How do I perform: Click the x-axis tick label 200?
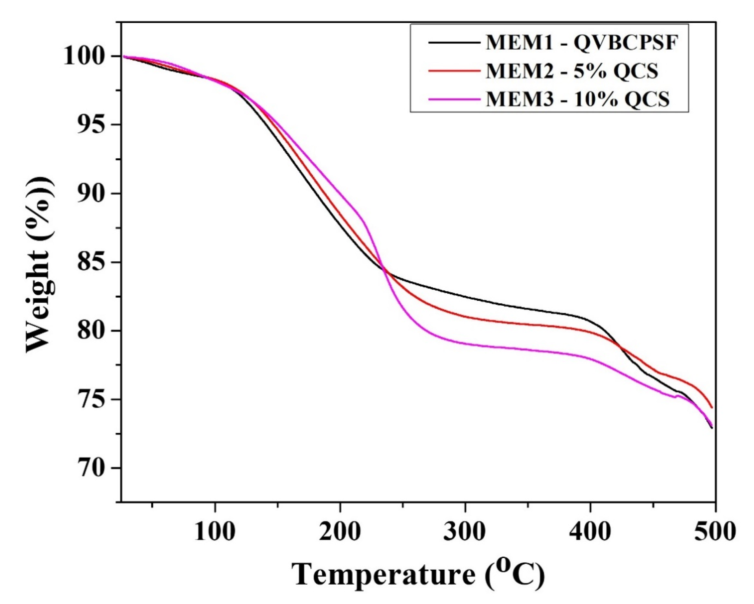(340, 532)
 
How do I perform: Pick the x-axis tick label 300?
(465, 532)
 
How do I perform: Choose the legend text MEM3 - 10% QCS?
(577, 99)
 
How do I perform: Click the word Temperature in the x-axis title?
(383, 574)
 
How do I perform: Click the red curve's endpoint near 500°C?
(711, 407)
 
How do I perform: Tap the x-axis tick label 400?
(590, 532)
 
